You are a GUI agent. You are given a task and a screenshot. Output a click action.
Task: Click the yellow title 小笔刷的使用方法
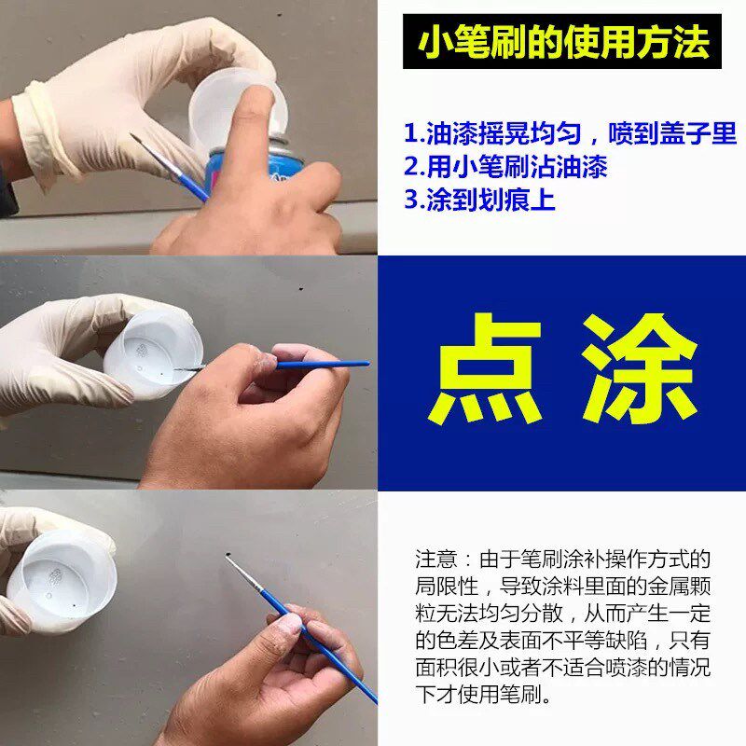[562, 41]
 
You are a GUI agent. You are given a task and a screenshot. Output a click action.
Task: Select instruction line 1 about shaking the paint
[570, 133]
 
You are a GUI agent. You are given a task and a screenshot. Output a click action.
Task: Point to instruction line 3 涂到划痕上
[479, 200]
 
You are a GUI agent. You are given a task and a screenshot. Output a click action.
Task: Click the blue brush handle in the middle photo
[317, 365]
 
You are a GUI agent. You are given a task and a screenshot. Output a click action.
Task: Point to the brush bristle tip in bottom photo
[229, 559]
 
